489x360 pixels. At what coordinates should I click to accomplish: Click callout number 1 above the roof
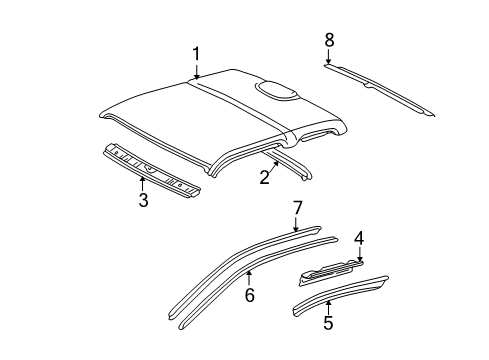(197, 54)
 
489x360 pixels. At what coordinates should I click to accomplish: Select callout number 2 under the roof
(264, 178)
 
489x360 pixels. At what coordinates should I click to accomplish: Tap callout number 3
(143, 200)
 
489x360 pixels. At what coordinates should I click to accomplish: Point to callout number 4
(359, 237)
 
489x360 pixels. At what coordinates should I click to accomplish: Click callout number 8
(328, 39)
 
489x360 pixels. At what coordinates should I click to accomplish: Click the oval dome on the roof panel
(278, 92)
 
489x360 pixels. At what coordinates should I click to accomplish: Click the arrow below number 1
(197, 70)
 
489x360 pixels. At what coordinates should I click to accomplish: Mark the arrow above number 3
(143, 183)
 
